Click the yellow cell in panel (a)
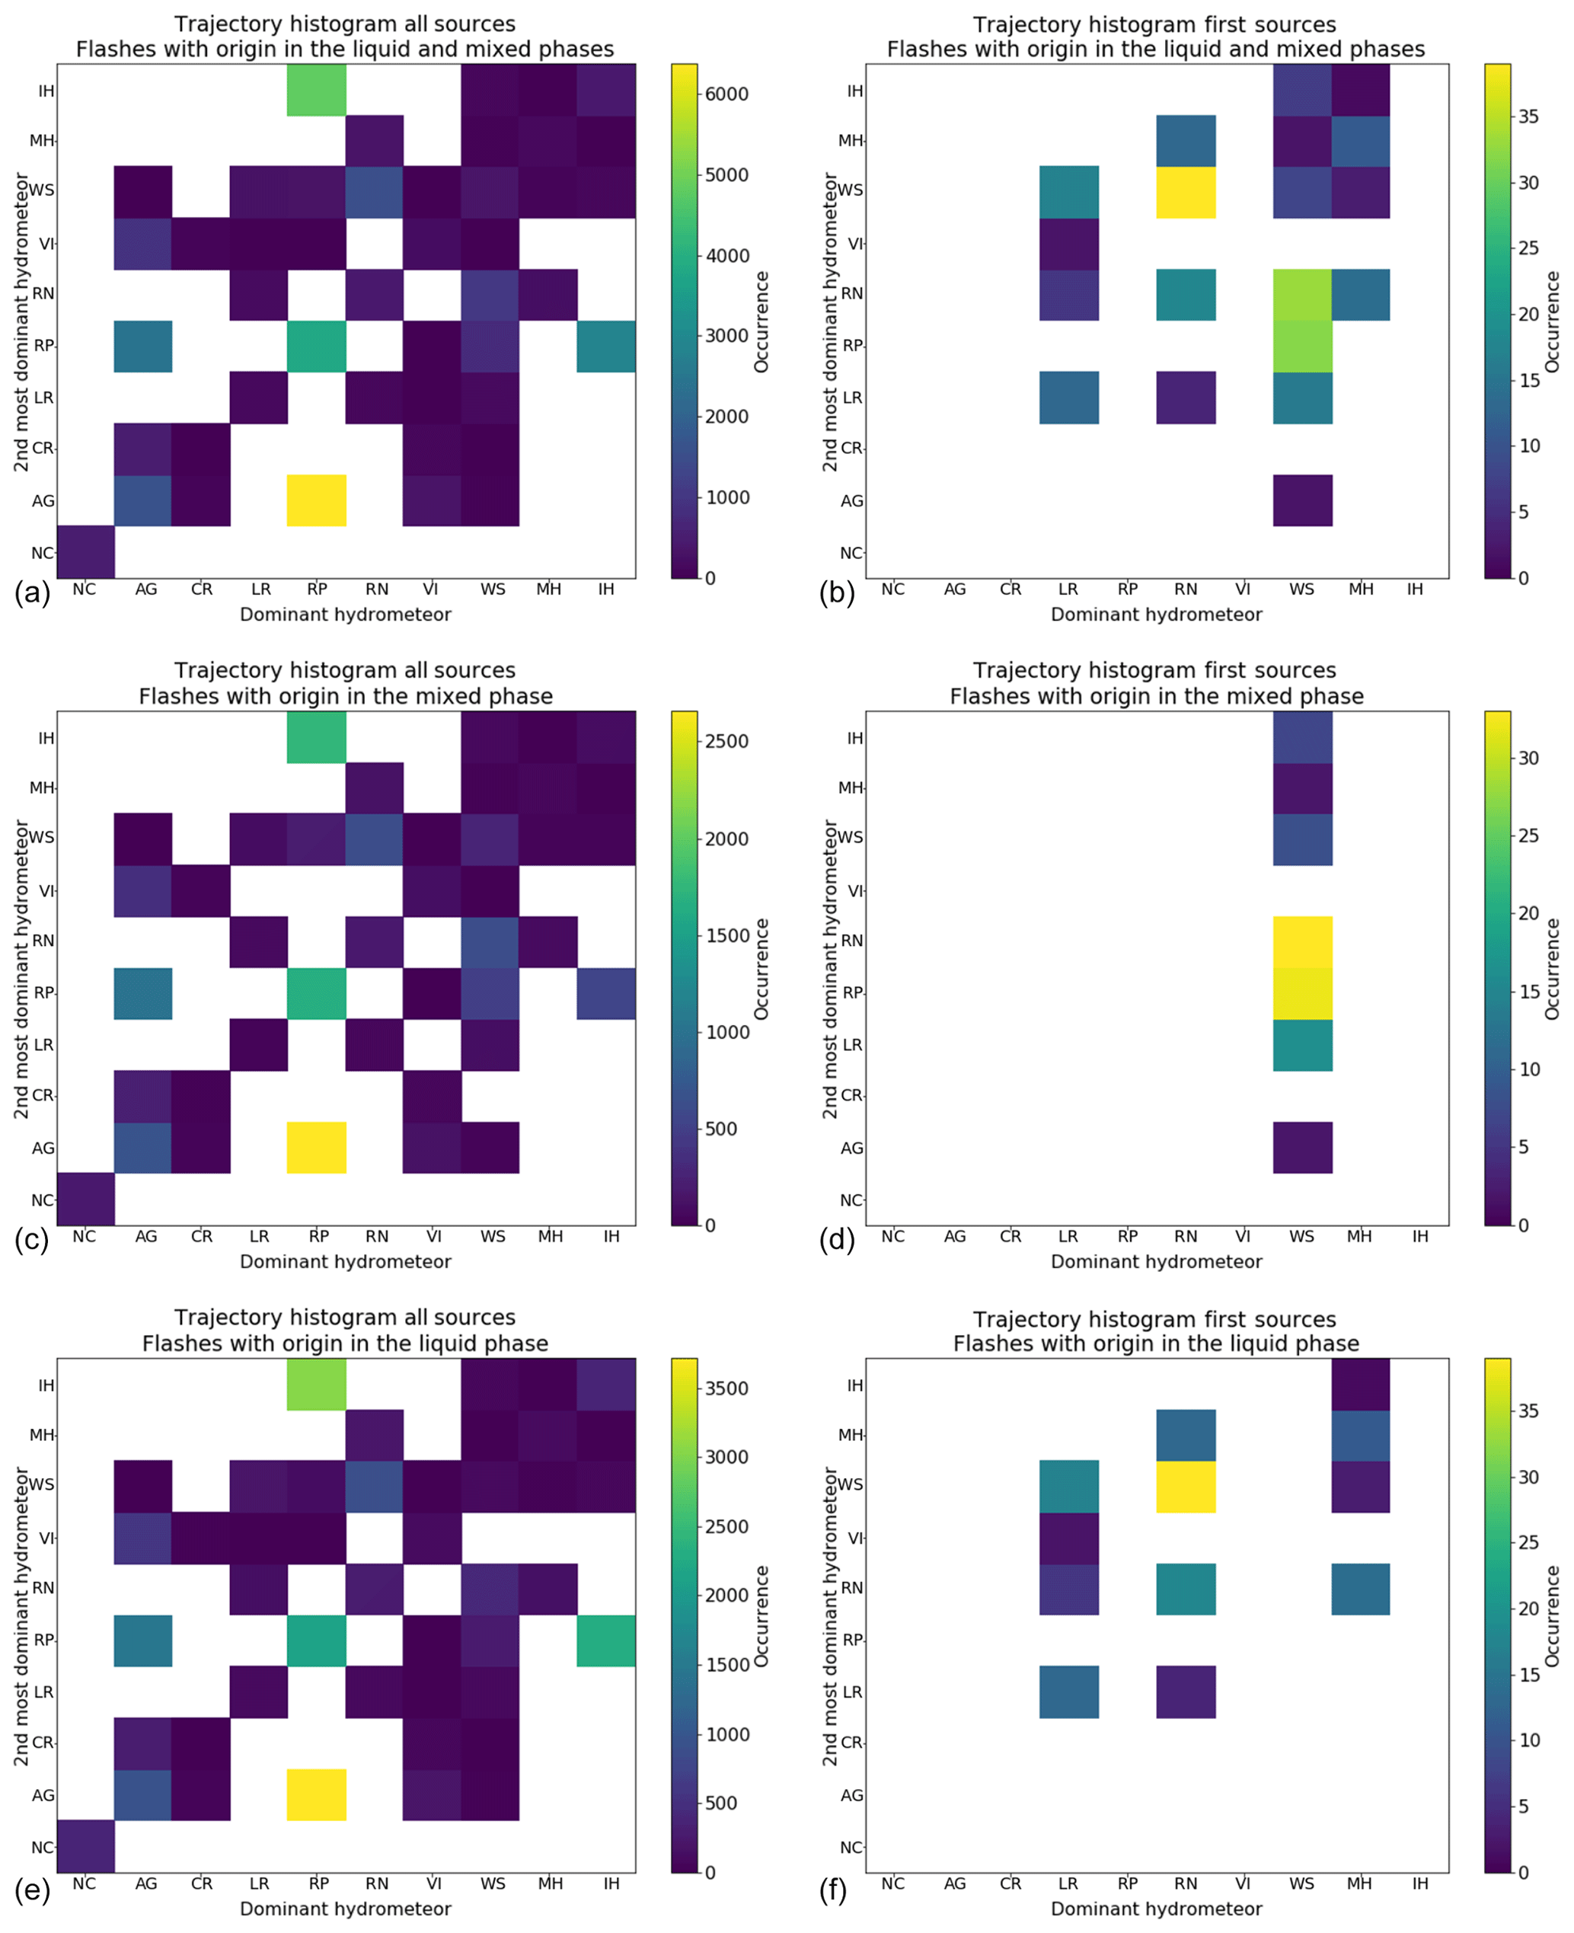tap(317, 500)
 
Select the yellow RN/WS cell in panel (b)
tap(1186, 191)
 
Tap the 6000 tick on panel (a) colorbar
tap(727, 94)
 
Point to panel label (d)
tap(836, 1238)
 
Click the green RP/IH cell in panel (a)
tap(317, 90)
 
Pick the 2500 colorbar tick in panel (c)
tap(727, 741)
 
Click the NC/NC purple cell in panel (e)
tap(85, 1846)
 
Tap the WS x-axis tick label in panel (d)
tap(1301, 1236)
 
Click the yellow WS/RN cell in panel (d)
tap(1302, 941)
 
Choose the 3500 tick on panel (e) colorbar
tap(727, 1388)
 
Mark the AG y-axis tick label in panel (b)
tap(851, 500)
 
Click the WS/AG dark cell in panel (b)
tap(1302, 500)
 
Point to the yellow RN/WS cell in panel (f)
tap(1186, 1486)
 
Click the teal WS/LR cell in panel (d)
tap(1302, 1044)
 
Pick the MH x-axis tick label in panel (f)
tap(1359, 1883)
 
